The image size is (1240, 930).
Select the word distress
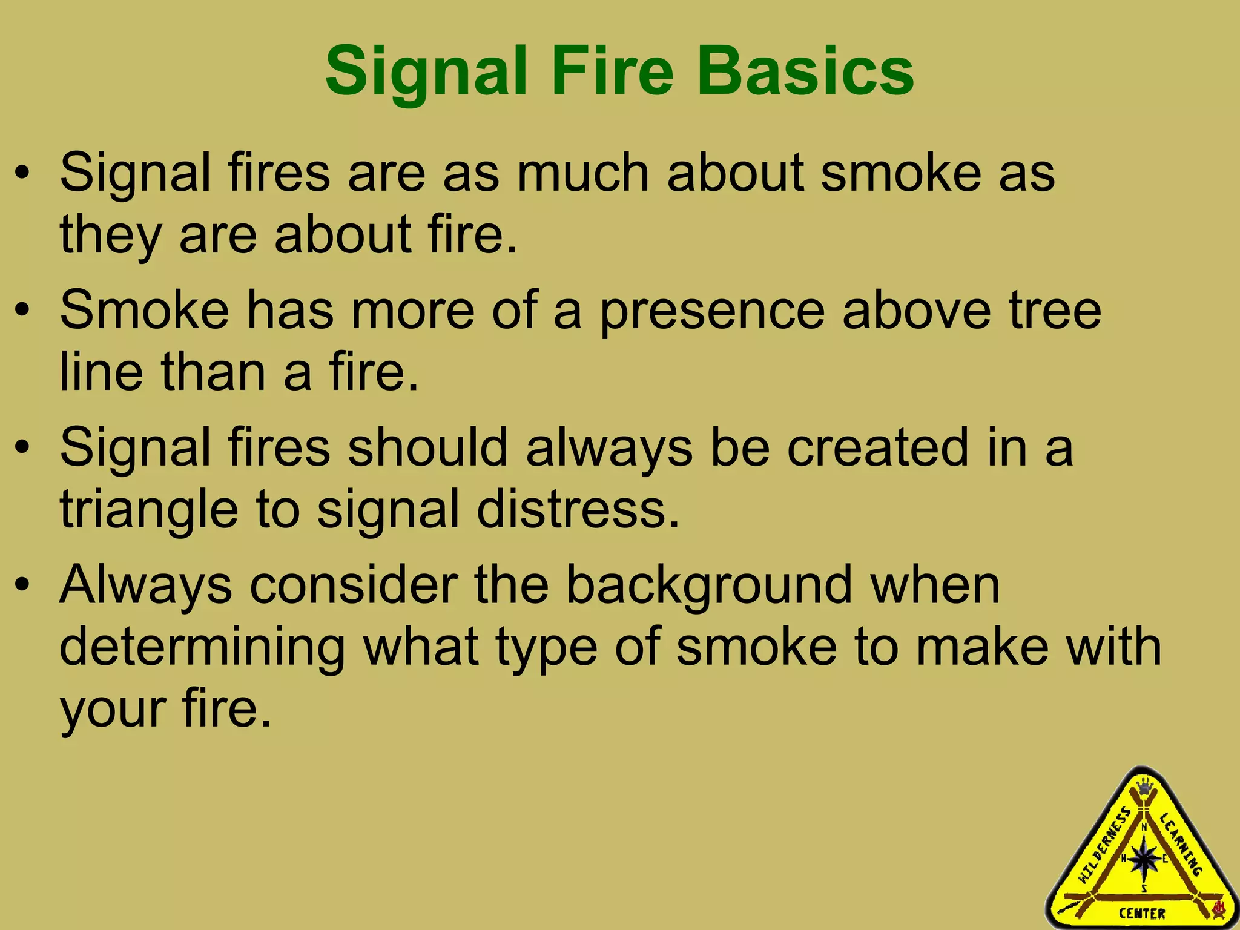coord(578,509)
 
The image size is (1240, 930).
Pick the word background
coord(709,586)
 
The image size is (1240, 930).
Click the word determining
coord(202,647)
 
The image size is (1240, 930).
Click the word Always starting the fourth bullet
coord(146,585)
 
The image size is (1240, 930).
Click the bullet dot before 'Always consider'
coord(22,586)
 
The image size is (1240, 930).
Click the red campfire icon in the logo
coord(1219,908)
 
